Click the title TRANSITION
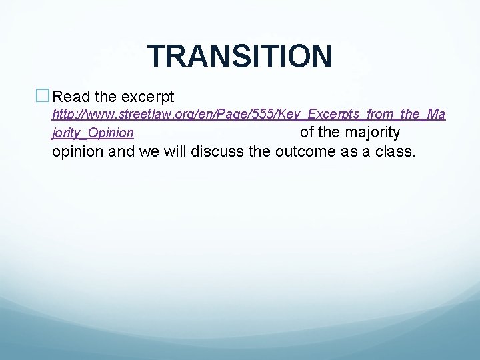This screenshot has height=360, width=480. pyautogui.click(x=239, y=56)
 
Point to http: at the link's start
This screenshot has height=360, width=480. pyautogui.click(x=64, y=115)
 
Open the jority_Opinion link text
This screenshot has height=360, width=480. pyautogui.click(x=93, y=133)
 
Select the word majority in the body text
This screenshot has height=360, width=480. pyautogui.click(x=373, y=132)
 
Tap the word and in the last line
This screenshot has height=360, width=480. pyautogui.click(x=121, y=151)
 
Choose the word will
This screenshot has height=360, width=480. pyautogui.click(x=175, y=151)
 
